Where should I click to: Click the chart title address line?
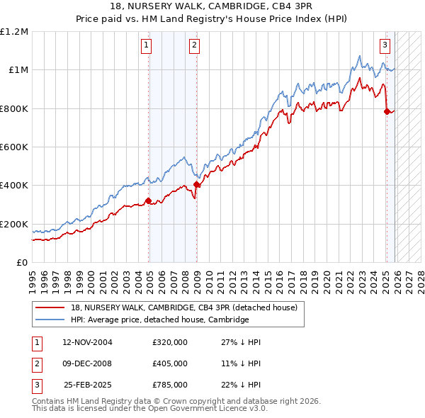coord(212,6)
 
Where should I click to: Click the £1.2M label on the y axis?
coord(14,31)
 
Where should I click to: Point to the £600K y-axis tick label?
coord(14,147)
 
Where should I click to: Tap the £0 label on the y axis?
coord(21,262)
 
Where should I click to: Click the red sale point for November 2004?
coord(148,200)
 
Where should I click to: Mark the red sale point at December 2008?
coord(196,184)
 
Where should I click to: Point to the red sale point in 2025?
coord(387,111)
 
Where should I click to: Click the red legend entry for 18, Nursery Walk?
coord(188,307)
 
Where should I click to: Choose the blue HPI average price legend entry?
coord(159,320)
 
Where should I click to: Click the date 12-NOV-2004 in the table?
coord(87,342)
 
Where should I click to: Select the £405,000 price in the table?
coord(169,363)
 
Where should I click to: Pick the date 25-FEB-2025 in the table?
coord(87,385)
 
